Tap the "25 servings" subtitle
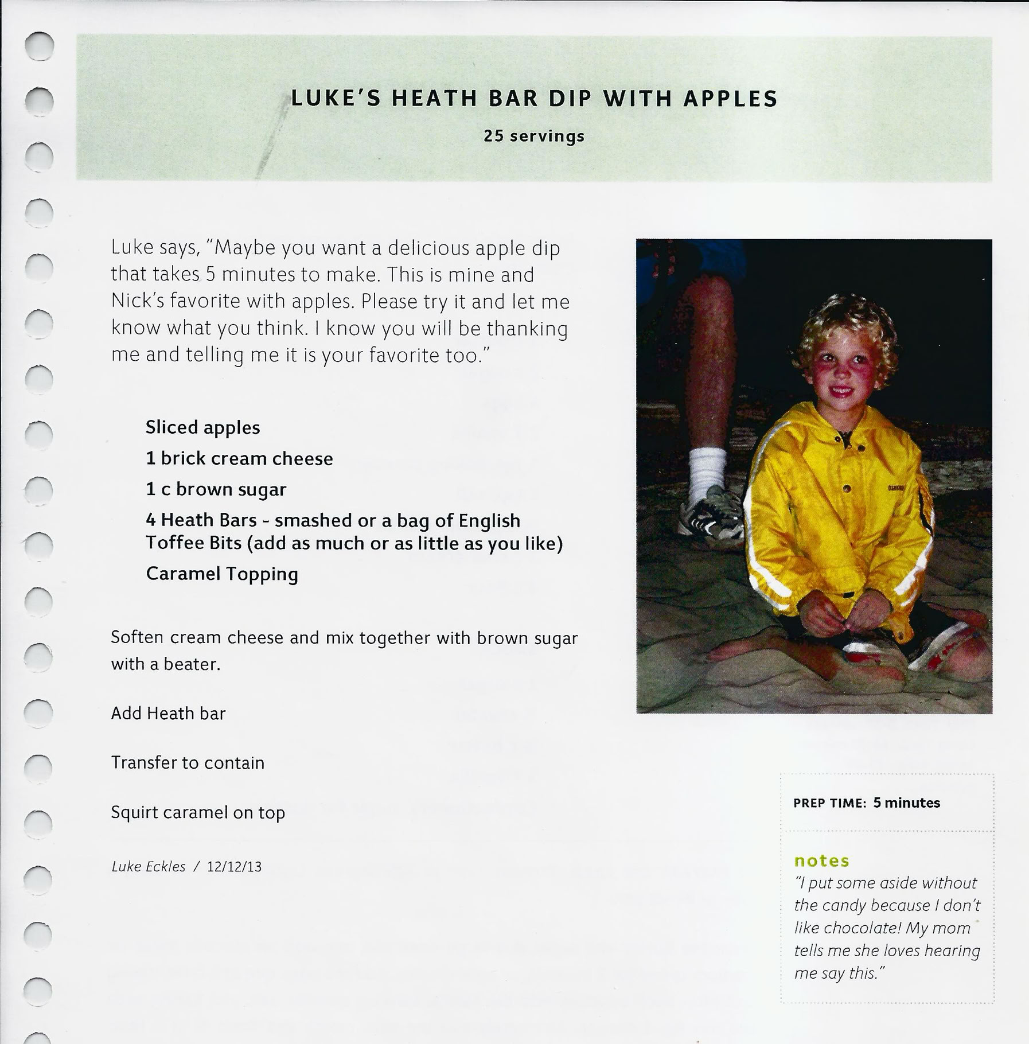534,137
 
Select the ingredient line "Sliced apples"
202,428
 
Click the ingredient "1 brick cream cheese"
239,459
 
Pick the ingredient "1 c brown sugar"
216,489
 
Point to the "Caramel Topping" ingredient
222,574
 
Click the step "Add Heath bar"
168,714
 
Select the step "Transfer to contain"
188,763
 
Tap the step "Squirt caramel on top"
198,813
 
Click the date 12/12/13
234,867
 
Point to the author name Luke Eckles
148,867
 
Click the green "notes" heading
821,861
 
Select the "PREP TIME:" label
829,804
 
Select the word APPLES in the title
730,99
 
